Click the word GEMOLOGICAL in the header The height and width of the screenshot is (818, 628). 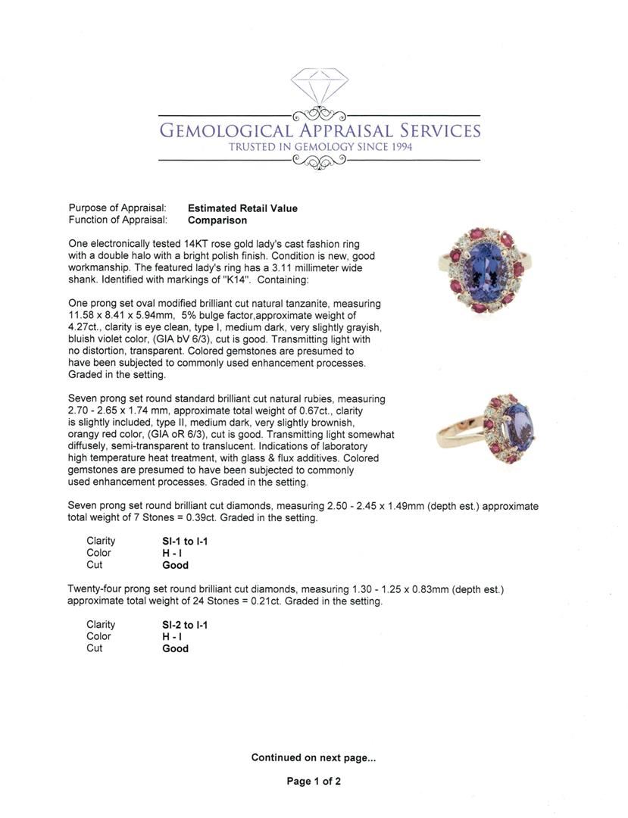point(227,131)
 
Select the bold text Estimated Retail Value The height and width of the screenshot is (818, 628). point(242,208)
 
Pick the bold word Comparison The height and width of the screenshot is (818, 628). point(217,220)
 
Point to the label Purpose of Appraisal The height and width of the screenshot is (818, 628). point(117,208)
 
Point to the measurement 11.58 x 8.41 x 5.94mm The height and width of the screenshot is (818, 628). point(120,315)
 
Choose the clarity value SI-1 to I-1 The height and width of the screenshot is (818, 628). point(185,542)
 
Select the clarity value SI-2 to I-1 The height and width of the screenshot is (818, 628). point(185,625)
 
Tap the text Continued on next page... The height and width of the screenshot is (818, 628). point(314,757)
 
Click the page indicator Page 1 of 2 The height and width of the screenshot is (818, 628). point(314,782)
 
